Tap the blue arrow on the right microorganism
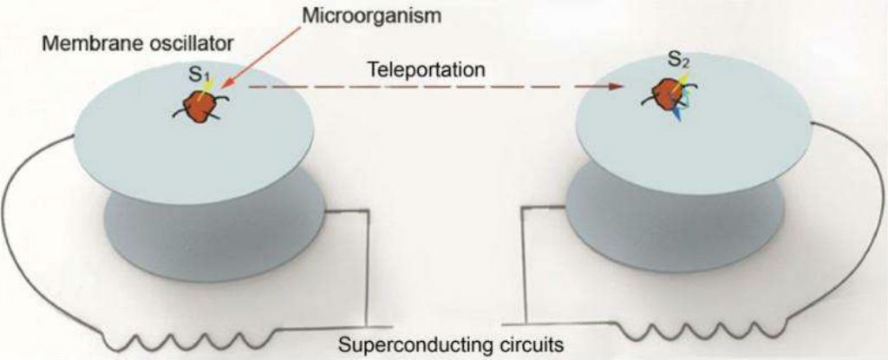[679, 115]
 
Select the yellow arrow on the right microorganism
[682, 83]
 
